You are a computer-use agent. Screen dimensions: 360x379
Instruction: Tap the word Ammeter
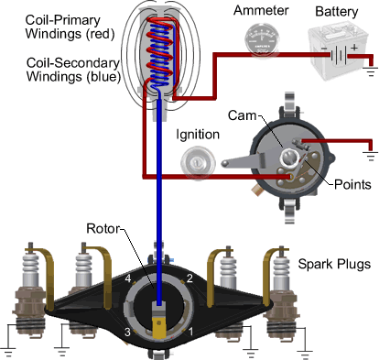[261, 11]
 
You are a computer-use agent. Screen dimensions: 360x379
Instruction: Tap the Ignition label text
[198, 135]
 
